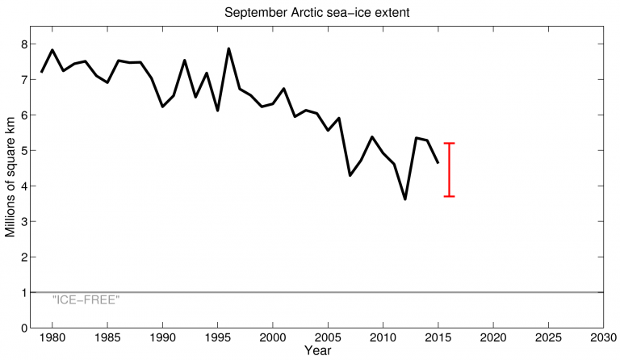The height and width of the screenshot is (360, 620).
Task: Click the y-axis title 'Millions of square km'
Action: (10, 180)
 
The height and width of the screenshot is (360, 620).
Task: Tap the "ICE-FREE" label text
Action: (86, 299)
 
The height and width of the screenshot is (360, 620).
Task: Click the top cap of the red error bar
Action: (449, 144)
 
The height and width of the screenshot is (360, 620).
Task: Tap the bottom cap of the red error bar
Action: (449, 196)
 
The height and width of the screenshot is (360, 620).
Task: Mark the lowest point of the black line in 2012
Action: (404, 199)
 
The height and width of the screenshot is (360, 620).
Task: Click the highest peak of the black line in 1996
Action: (228, 48)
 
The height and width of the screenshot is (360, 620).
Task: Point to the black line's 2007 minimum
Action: (350, 175)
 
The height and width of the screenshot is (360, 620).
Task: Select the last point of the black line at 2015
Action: (438, 163)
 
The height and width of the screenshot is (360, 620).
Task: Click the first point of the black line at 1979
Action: (41, 73)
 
